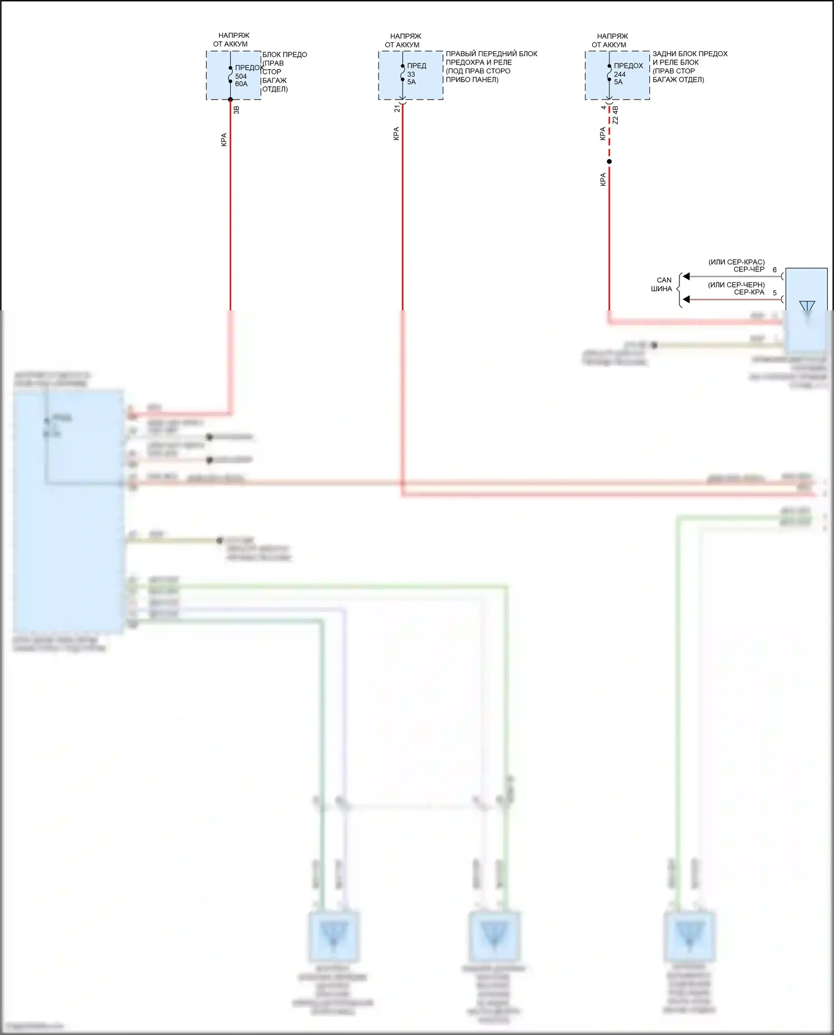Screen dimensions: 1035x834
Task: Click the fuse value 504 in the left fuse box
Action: point(241,77)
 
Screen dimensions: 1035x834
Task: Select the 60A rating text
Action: point(241,84)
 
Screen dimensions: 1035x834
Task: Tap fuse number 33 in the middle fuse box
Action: point(411,75)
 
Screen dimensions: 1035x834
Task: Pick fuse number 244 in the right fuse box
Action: point(619,75)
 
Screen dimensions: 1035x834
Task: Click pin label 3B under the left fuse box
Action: point(236,110)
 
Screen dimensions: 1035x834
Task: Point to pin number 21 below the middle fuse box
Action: point(397,109)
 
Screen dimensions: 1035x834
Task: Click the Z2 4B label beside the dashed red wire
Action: point(615,115)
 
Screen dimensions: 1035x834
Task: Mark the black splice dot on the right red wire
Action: point(609,162)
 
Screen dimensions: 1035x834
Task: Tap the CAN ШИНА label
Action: point(662,284)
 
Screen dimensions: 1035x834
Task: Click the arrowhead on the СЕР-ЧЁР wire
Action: point(686,276)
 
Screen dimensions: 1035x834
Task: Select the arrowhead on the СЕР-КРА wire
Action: point(686,299)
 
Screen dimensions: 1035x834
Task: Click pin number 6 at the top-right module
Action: point(775,270)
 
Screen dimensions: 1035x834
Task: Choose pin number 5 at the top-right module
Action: point(775,293)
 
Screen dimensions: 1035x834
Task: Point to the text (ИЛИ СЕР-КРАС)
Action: point(736,262)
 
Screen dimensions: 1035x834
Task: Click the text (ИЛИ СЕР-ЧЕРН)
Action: point(736,285)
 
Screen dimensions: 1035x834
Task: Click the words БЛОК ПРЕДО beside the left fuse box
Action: point(285,55)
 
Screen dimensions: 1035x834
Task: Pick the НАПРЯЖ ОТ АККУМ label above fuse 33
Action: point(404,41)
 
